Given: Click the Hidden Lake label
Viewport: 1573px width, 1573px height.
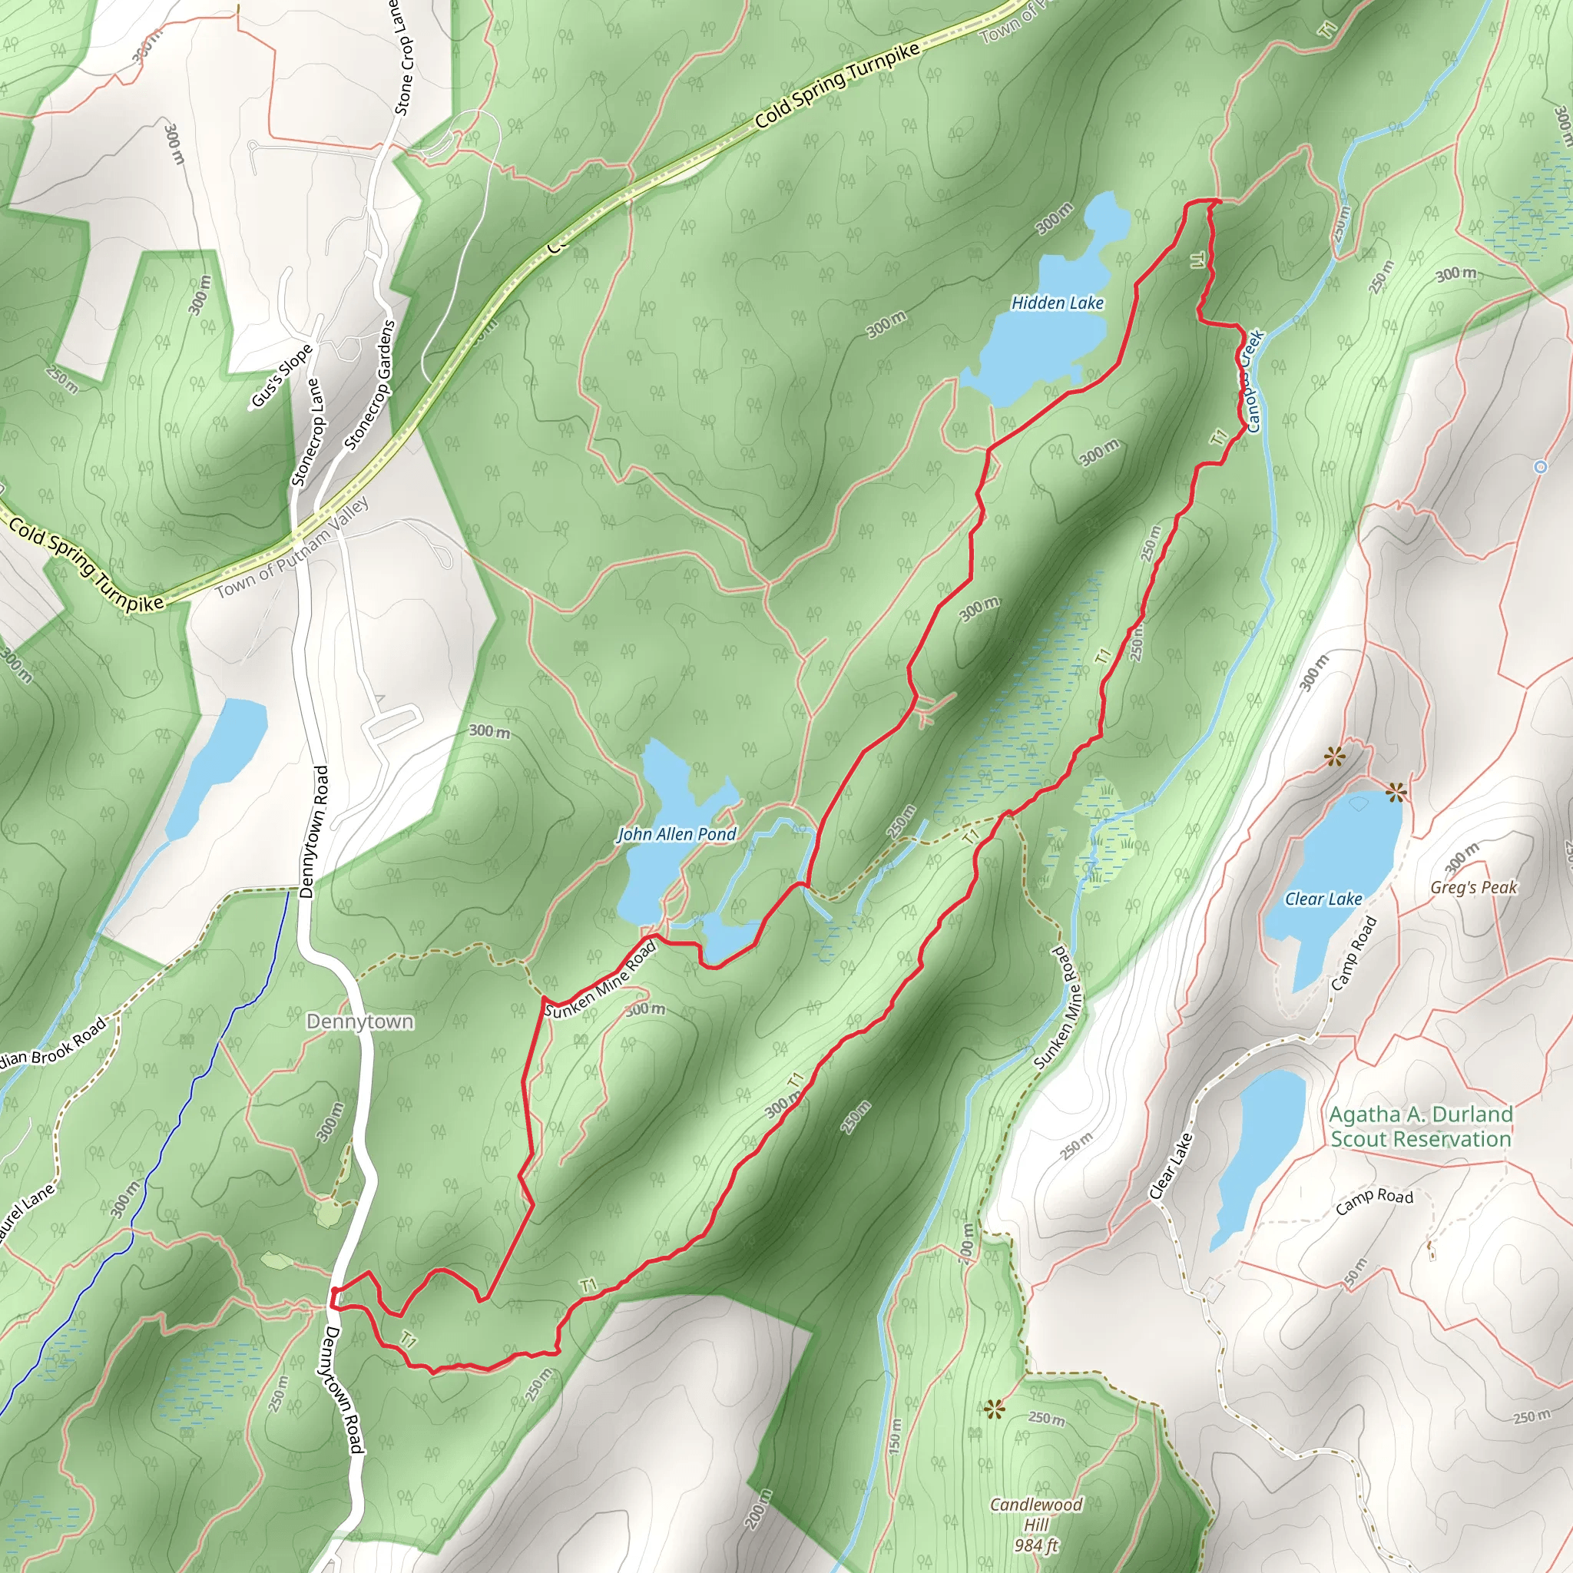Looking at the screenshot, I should (x=1057, y=303).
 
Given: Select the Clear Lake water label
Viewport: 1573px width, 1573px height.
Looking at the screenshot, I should (x=1323, y=899).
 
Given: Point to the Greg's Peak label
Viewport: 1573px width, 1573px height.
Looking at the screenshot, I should (x=1474, y=887).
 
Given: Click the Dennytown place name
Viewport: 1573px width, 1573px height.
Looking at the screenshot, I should (x=360, y=1021).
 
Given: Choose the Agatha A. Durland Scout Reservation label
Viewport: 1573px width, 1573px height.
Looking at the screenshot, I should (x=1420, y=1126).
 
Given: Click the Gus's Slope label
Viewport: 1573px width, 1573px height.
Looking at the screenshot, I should (x=282, y=376).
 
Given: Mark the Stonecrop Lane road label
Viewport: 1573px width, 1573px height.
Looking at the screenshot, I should (x=306, y=432).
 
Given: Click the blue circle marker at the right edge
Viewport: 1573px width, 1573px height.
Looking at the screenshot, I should (x=1540, y=466).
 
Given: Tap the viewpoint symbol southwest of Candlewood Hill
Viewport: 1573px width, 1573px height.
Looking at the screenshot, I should (x=993, y=1409).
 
